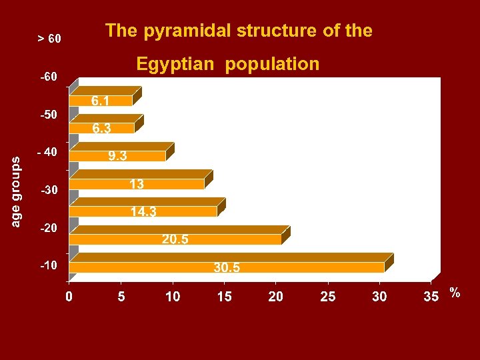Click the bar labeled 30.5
[x=227, y=267]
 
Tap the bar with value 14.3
[x=143, y=211]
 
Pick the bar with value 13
[x=137, y=184]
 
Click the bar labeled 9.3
[x=117, y=156]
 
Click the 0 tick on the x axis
[x=69, y=297]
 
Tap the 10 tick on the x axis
[x=173, y=297]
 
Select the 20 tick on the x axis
[x=276, y=297]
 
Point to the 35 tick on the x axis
[x=431, y=297]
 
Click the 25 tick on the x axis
[x=328, y=297]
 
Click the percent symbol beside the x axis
[x=455, y=293]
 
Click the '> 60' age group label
[x=49, y=39]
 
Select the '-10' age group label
[x=49, y=265]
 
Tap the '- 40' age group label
[x=47, y=152]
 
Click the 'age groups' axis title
[x=16, y=191]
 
